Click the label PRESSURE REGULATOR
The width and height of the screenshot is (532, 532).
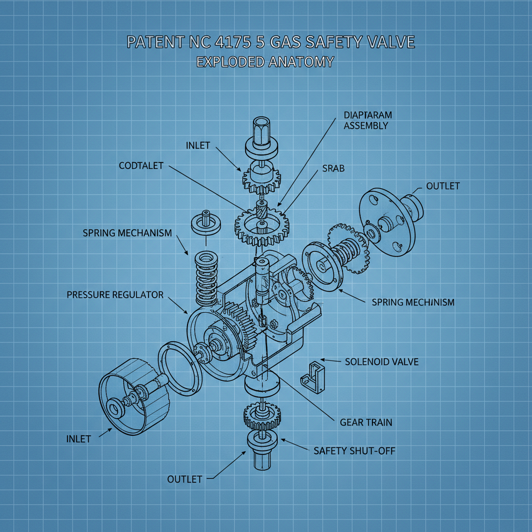click(115, 295)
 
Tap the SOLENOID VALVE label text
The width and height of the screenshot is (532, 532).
click(381, 361)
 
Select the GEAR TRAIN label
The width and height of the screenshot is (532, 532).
click(366, 422)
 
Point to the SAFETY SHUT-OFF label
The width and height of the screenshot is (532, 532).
click(354, 450)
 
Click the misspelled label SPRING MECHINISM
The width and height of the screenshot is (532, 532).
click(413, 302)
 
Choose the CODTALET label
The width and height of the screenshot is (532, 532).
click(141, 166)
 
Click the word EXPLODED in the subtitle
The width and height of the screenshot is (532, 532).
click(228, 62)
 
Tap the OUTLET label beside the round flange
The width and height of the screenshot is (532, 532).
click(443, 186)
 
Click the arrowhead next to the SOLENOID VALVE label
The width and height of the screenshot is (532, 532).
click(323, 360)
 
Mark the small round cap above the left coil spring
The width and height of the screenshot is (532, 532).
click(204, 222)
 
